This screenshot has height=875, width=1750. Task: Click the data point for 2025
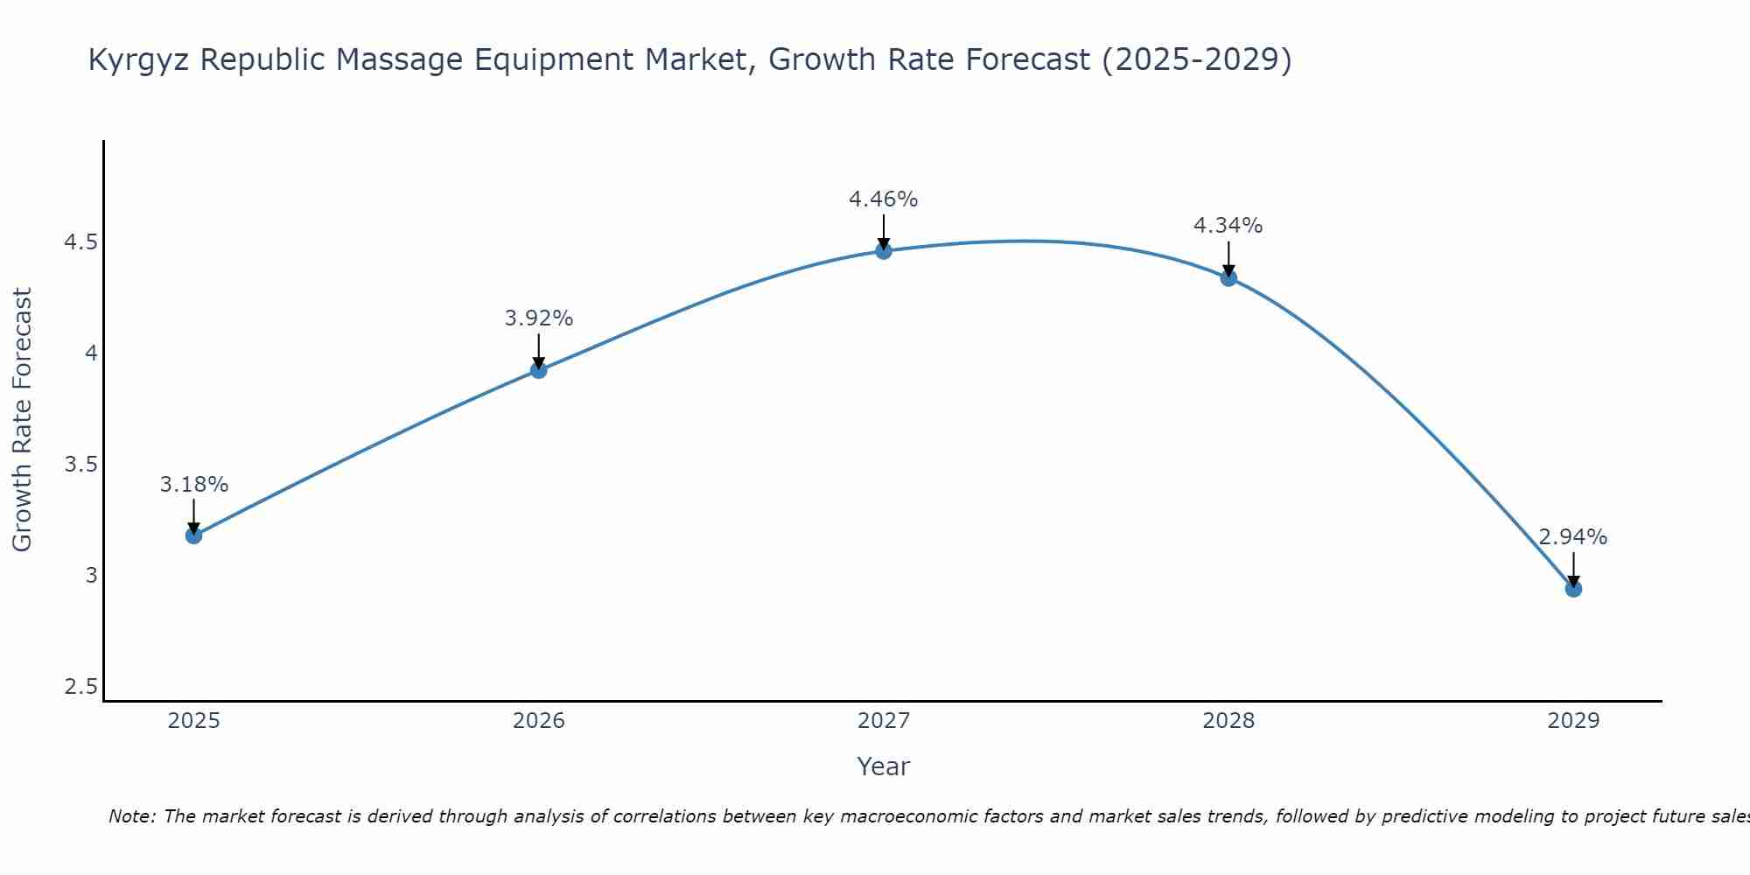[x=193, y=535]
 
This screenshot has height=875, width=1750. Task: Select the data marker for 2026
[x=539, y=370]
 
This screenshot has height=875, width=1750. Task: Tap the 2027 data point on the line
[x=884, y=251]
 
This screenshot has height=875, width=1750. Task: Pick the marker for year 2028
[x=1228, y=278]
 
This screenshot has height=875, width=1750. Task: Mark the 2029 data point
[x=1573, y=589]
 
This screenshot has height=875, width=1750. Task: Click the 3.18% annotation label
[x=193, y=484]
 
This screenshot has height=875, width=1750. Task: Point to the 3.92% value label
[x=539, y=318]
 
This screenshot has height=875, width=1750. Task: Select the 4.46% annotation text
[x=884, y=199]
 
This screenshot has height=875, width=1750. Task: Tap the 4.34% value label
[x=1228, y=226]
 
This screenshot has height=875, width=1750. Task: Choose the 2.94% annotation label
[x=1573, y=537]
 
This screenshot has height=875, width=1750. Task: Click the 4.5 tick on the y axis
[x=80, y=242]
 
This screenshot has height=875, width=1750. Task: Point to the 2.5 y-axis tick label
[x=80, y=687]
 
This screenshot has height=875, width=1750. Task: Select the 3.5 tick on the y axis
[x=80, y=465]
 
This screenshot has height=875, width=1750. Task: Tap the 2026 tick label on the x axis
[x=539, y=721]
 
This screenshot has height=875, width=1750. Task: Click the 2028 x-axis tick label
[x=1228, y=721]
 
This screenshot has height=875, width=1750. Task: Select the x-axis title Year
[x=884, y=766]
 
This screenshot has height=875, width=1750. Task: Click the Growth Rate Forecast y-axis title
[x=23, y=420]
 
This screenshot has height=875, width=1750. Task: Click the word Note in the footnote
[x=131, y=816]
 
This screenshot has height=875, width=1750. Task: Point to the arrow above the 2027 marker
[x=884, y=231]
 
